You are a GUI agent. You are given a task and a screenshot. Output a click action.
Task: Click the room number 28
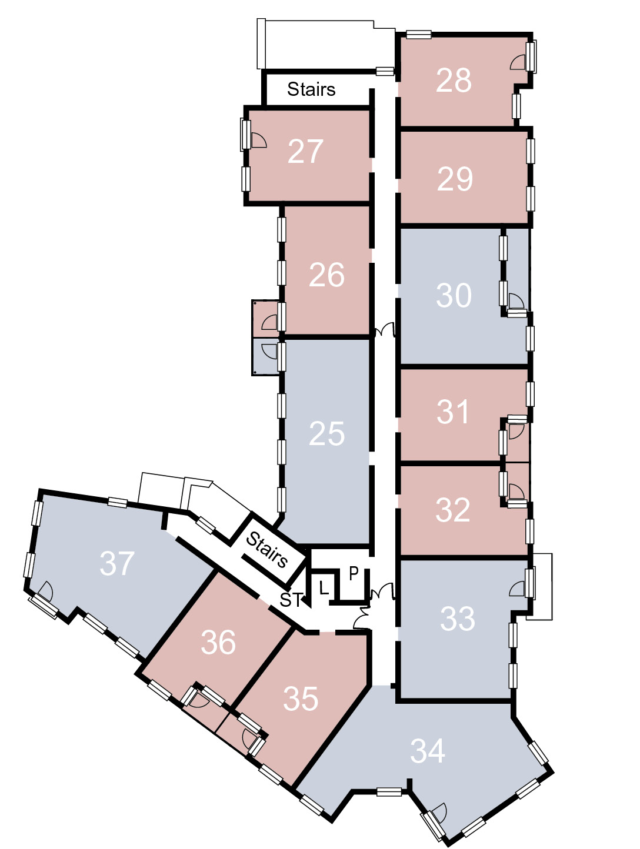coord(454,80)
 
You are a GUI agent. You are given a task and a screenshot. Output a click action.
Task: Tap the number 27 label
coord(305,151)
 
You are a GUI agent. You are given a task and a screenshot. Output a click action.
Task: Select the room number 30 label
coord(454,295)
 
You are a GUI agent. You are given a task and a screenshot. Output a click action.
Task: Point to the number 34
coord(428,751)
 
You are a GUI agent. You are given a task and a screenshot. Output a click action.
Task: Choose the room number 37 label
coord(117,564)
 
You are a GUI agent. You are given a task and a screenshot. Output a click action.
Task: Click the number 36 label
coord(218,642)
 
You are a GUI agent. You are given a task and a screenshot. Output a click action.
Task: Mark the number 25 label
coord(326,433)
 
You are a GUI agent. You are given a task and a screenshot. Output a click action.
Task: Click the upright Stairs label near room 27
coord(311,89)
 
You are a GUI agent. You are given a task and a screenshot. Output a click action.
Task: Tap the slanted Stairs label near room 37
coord(267,549)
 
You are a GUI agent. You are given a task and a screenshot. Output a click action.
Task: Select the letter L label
coord(324,589)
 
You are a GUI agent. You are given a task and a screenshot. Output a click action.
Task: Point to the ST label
coord(291,600)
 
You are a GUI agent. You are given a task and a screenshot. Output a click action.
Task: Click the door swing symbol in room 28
coord(518,63)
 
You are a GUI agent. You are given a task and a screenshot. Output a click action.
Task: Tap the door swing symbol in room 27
coord(258,141)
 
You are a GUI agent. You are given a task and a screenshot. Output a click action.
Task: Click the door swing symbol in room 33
coord(517,589)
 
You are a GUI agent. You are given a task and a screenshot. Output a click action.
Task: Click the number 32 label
coord(453,510)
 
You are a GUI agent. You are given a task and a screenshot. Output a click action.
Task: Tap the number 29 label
coord(455,179)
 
